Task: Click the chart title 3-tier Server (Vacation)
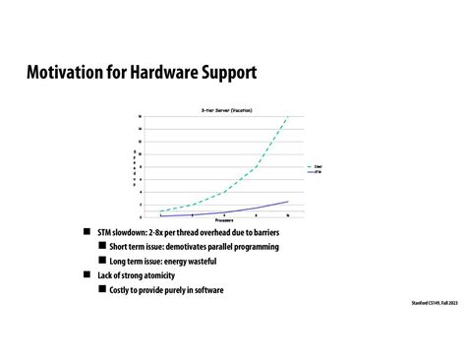(x=225, y=111)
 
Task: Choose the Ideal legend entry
(x=316, y=167)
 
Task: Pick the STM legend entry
(x=316, y=172)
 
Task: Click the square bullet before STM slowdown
(x=87, y=232)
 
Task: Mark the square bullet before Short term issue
(x=101, y=247)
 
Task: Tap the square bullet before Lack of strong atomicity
(x=87, y=275)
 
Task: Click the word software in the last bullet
(x=206, y=290)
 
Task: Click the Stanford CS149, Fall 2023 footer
(x=434, y=302)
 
